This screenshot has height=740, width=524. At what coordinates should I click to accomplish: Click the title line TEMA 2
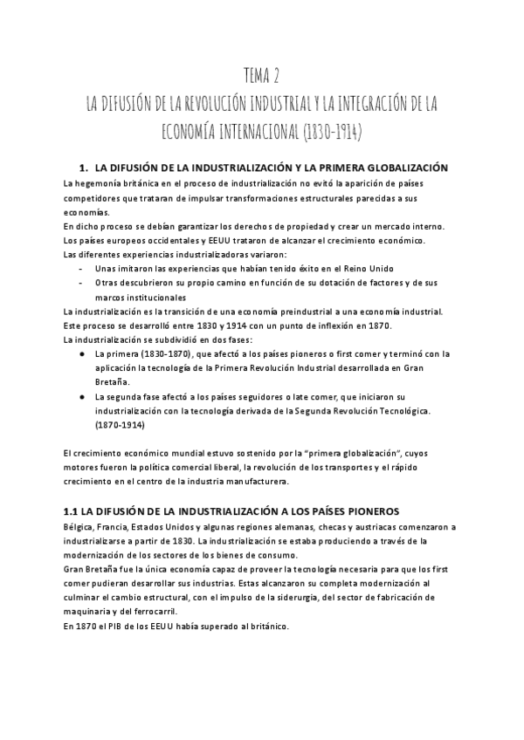tap(261, 76)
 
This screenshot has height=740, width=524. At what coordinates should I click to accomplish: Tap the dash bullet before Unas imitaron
tap(80, 268)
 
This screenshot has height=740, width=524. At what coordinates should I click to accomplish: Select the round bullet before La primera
tap(80, 353)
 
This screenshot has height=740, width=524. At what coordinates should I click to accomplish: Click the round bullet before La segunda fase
tap(80, 396)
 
